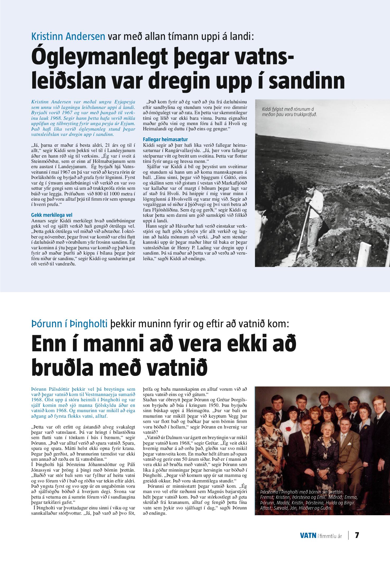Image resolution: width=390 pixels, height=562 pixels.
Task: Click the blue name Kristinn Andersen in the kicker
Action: click(x=68, y=36)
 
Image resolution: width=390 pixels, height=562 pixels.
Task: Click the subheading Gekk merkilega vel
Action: click(x=52, y=215)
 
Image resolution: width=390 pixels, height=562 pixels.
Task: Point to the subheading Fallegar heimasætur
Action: click(x=165, y=139)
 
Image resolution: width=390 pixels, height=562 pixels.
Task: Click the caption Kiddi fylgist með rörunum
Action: click(x=289, y=112)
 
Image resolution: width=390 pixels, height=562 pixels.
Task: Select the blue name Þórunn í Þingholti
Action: click(x=69, y=324)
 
